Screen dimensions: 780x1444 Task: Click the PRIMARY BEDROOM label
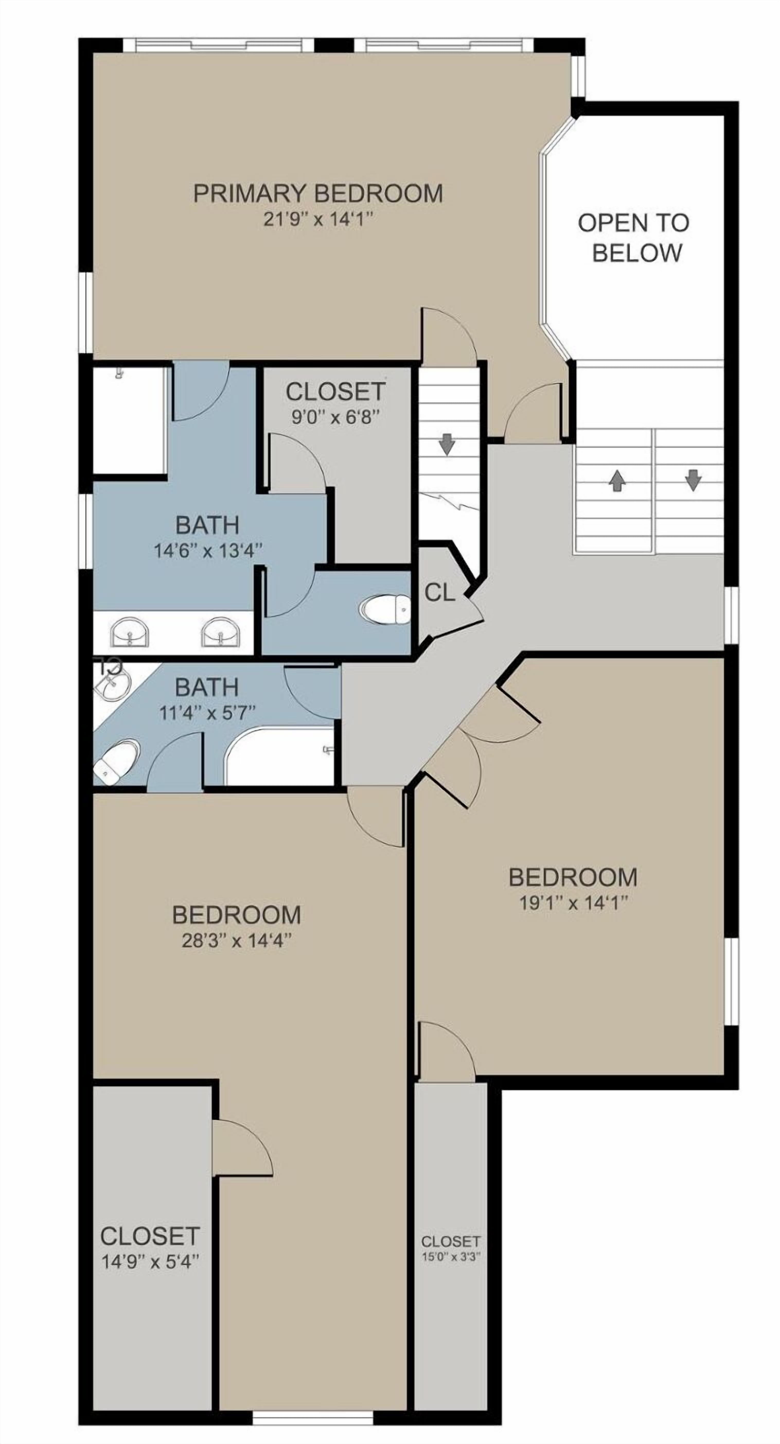[x=318, y=193]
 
